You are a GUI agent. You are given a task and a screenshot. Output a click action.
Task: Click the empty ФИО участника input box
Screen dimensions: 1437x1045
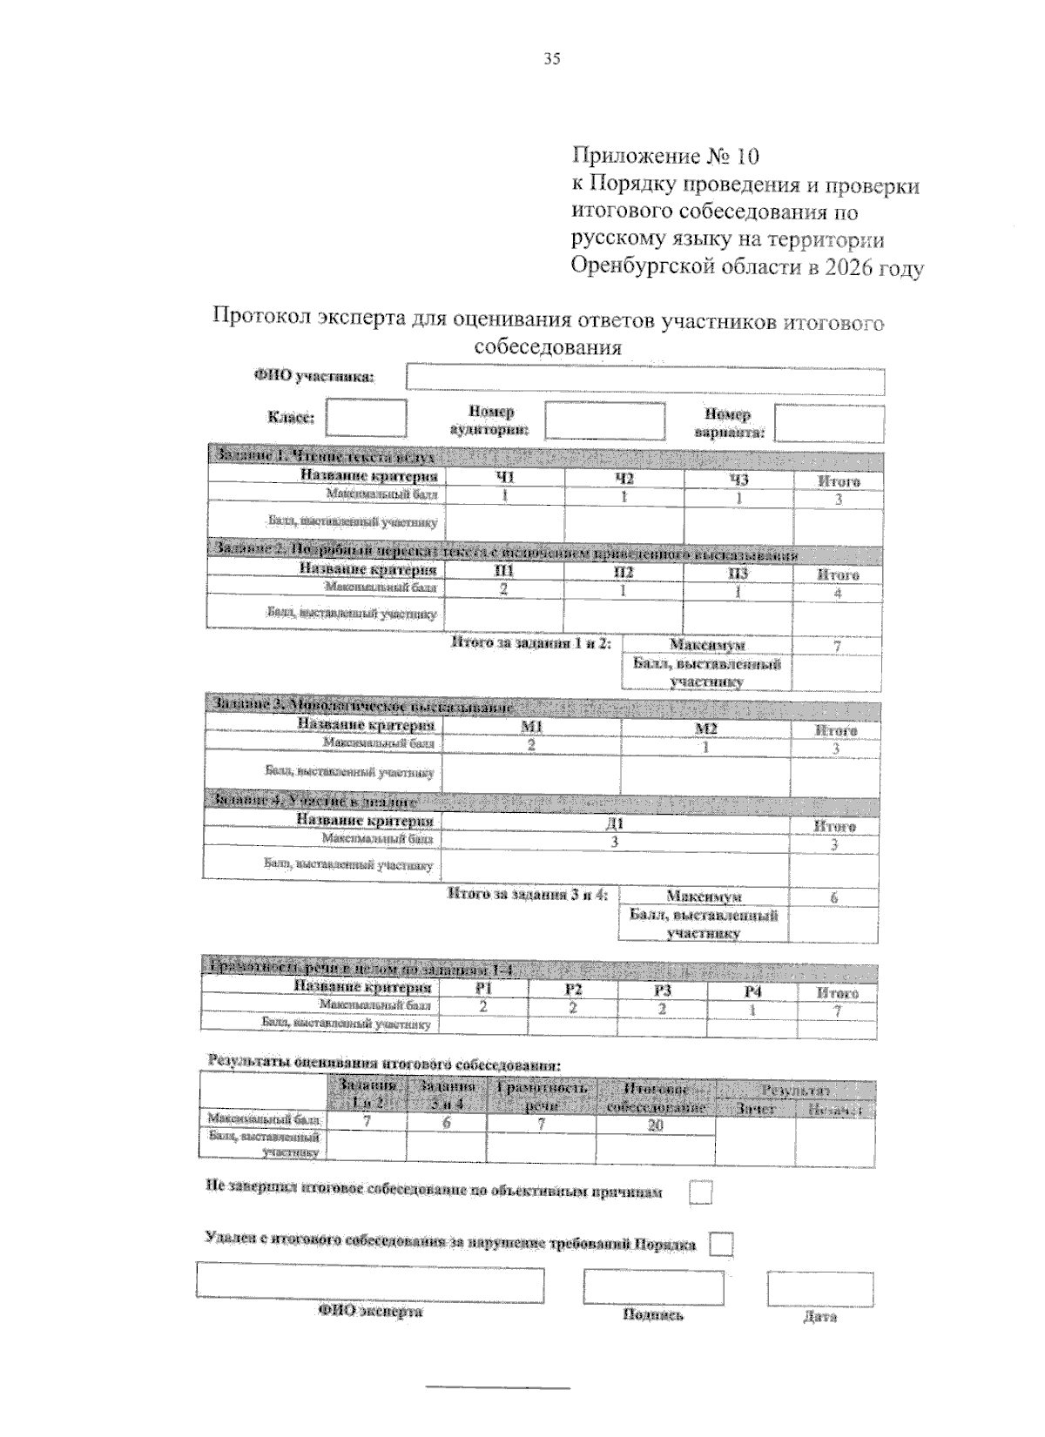pos(644,381)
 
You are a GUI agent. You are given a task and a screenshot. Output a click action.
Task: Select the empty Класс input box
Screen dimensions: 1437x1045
pos(366,418)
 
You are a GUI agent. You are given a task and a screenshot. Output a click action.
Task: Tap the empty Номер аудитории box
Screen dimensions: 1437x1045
pos(604,421)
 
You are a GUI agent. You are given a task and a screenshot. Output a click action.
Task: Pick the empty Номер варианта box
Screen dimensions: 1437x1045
pos(828,424)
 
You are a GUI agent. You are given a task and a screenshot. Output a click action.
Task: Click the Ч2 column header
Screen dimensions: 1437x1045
pos(624,479)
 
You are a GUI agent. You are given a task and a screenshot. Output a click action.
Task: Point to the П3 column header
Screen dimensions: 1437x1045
pos(737,573)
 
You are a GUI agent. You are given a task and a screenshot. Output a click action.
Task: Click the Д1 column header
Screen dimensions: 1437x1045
pos(615,823)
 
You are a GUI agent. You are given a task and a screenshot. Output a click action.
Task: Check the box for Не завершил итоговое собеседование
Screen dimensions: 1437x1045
pos(700,1192)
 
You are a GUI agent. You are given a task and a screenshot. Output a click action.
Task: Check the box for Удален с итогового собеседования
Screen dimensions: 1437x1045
pos(720,1245)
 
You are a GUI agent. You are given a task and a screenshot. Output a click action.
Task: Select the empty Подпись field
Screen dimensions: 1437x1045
pos(653,1287)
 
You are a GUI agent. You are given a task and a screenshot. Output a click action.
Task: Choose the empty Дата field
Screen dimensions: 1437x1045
pos(819,1289)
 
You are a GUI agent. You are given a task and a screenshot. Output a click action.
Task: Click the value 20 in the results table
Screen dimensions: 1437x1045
pos(655,1125)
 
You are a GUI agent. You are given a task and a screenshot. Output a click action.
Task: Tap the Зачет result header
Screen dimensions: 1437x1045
pos(754,1109)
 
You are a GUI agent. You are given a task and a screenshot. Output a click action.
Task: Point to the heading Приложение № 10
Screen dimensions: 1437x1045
pos(665,157)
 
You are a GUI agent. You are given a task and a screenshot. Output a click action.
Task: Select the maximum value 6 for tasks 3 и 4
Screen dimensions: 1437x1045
pos(833,897)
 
